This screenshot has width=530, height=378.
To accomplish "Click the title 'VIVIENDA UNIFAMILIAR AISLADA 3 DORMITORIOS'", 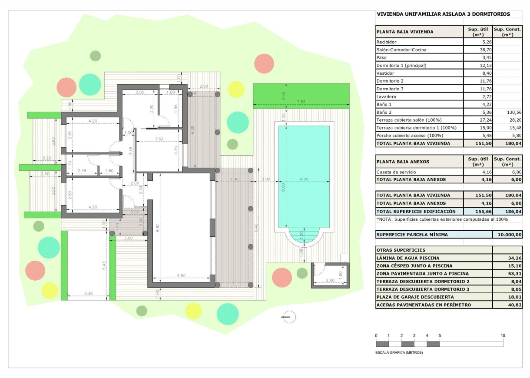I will pyautogui.click(x=444, y=14).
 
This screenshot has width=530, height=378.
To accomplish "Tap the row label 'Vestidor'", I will pyautogui.click(x=385, y=73).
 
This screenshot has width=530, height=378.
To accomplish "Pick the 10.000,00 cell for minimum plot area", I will pyautogui.click(x=507, y=235).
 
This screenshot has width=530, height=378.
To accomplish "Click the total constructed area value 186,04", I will pyautogui.click(x=507, y=211).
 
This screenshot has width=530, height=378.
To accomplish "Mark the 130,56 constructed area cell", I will pyautogui.click(x=507, y=112).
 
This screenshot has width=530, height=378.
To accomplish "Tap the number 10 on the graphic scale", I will pyautogui.click(x=503, y=336).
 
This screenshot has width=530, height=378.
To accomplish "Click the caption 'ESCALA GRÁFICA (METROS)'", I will pyautogui.click(x=399, y=352).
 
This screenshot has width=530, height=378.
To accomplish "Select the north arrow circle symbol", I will pyautogui.click(x=288, y=317).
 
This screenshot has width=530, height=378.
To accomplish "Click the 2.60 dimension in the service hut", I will pyautogui.click(x=330, y=281).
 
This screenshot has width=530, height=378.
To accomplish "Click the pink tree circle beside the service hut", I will pyautogui.click(x=282, y=277).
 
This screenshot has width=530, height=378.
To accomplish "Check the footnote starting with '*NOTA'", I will pyautogui.click(x=442, y=219).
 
